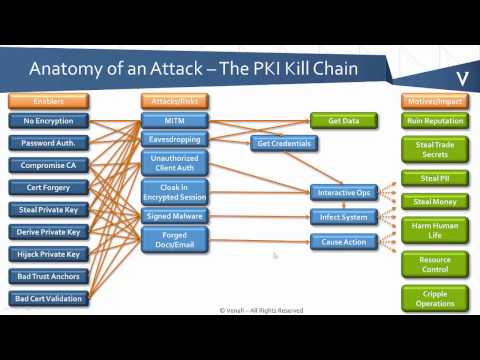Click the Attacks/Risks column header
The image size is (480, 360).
click(174, 101)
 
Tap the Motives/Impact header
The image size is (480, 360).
click(434, 101)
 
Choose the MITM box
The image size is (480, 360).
click(174, 121)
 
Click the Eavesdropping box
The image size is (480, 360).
click(174, 140)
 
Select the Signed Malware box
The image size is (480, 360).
click(174, 216)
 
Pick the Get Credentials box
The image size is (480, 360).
click(284, 143)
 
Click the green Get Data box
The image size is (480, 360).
click(343, 121)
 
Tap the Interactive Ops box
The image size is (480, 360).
click(343, 192)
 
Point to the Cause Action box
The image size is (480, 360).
click(343, 242)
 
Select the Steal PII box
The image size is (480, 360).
click(434, 178)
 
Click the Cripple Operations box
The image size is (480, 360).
click(434, 297)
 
